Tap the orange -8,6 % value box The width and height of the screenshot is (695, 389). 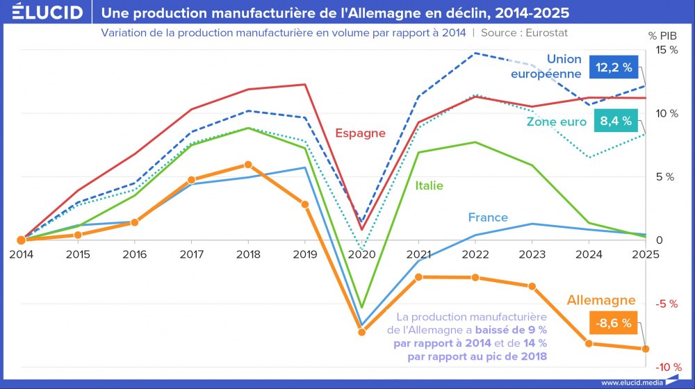(612, 323)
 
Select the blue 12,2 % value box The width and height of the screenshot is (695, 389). (612, 67)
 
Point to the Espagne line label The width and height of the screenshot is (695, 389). (360, 133)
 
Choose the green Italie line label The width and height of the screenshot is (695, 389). (429, 185)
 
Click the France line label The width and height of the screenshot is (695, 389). (488, 217)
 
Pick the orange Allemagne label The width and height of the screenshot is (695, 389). (601, 300)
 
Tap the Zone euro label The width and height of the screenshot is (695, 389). (556, 122)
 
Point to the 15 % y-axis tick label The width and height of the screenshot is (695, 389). (667, 50)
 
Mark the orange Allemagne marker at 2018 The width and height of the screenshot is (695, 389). (248, 165)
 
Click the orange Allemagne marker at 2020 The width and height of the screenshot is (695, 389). (361, 332)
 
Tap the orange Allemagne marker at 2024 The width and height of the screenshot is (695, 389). (589, 344)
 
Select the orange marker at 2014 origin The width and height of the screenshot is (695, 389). (21, 240)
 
